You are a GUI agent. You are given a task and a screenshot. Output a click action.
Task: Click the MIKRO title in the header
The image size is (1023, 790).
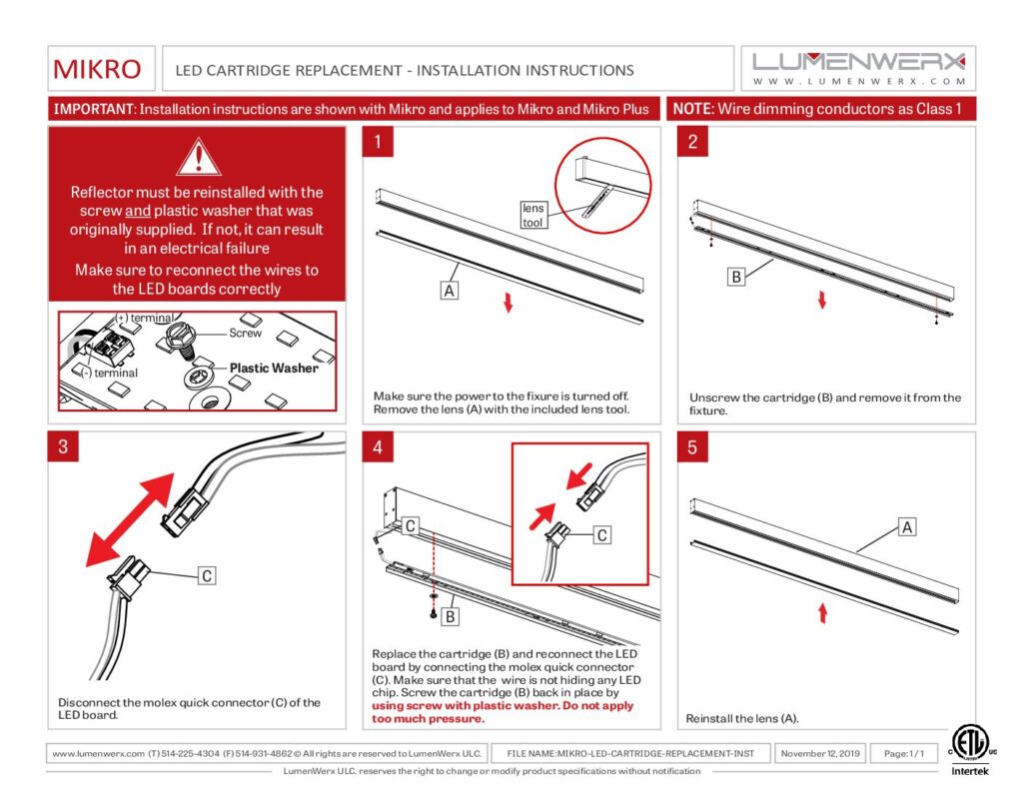pyautogui.click(x=97, y=70)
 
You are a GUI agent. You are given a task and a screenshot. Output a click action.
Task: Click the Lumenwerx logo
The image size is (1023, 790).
pyautogui.click(x=858, y=68)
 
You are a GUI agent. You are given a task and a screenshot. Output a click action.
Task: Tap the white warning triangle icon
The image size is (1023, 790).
pyautogui.click(x=197, y=157)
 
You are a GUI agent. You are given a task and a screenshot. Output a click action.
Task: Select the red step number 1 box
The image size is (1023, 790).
pyautogui.click(x=379, y=142)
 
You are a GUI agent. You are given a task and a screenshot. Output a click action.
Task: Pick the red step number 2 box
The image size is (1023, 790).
pyautogui.click(x=692, y=142)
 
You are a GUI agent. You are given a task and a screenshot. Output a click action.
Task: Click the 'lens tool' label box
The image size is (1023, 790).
pyautogui.click(x=533, y=215)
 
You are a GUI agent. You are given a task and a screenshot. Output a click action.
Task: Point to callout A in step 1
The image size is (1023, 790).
pyautogui.click(x=450, y=291)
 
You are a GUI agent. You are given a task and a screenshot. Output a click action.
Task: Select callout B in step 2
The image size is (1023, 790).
pyautogui.click(x=736, y=277)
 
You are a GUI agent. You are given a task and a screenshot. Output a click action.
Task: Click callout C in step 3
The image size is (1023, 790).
pyautogui.click(x=206, y=575)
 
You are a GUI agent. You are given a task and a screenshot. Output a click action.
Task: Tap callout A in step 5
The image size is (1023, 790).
pyautogui.click(x=907, y=526)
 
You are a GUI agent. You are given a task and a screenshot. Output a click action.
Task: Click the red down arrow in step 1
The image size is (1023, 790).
pyautogui.click(x=509, y=302)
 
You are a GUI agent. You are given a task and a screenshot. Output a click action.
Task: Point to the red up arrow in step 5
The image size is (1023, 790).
pyautogui.click(x=821, y=612)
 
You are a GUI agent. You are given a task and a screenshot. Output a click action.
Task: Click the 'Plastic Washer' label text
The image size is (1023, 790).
pyautogui.click(x=274, y=368)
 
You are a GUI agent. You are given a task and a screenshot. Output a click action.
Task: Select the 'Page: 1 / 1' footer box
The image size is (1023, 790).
pyautogui.click(x=904, y=753)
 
